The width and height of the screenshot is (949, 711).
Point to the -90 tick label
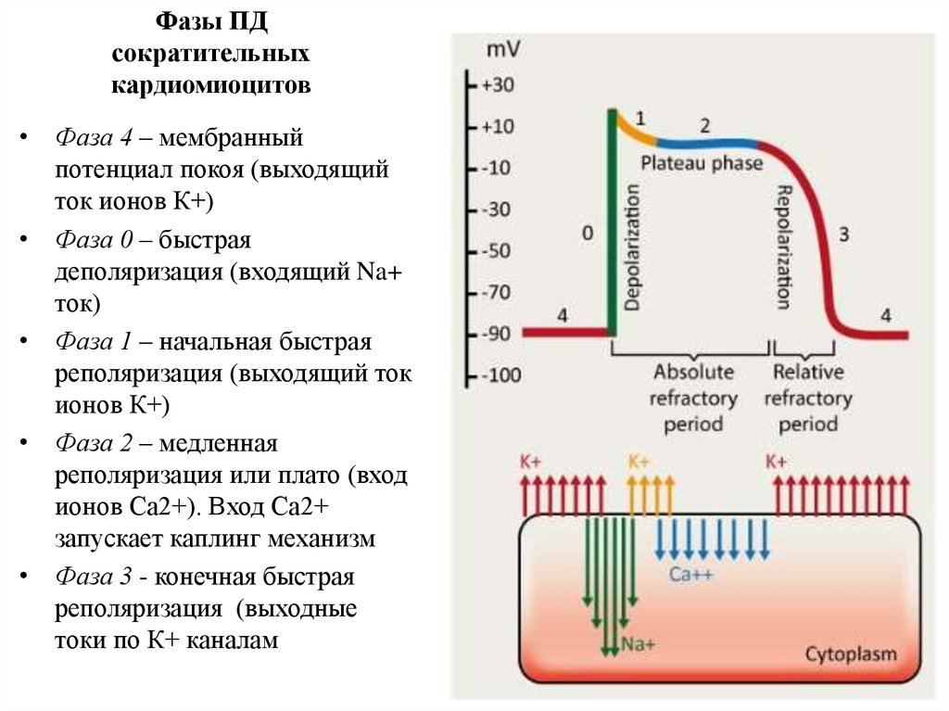click(x=497, y=334)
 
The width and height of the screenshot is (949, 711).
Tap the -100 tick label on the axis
click(x=500, y=376)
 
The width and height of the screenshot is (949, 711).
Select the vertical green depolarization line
click(x=612, y=222)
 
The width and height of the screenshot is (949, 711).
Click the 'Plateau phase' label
click(x=702, y=163)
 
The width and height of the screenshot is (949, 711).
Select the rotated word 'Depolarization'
click(x=633, y=246)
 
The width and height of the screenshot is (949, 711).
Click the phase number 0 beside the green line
click(x=588, y=234)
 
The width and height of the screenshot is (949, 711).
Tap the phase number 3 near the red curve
click(x=843, y=234)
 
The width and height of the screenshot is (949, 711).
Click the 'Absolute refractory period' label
click(x=694, y=399)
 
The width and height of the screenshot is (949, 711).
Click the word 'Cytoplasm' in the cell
click(x=850, y=654)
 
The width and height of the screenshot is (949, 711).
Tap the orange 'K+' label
click(x=639, y=461)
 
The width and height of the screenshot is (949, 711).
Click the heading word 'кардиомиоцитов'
click(x=211, y=86)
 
